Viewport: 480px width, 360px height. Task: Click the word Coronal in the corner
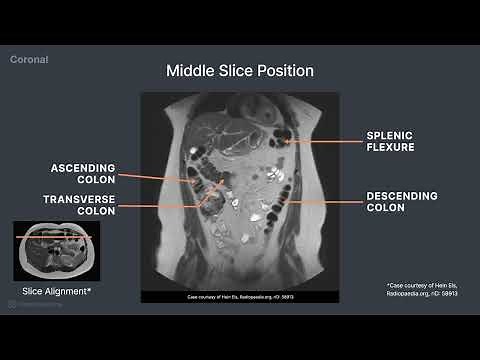click(x=30, y=59)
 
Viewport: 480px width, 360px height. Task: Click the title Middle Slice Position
click(x=240, y=71)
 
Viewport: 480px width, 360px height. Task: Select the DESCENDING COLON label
click(x=398, y=202)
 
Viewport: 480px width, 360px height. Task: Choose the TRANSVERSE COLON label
click(x=83, y=205)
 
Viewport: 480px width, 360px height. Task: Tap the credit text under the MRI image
click(x=240, y=297)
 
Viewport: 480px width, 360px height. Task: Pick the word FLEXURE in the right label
click(x=388, y=147)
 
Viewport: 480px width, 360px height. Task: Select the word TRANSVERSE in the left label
click(x=83, y=199)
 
